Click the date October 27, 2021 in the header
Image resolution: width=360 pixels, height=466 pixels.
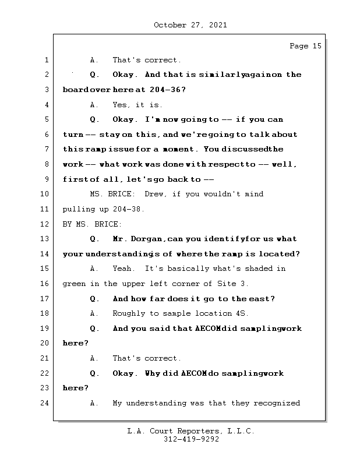[x=190, y=25]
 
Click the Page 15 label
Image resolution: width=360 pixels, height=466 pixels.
[x=305, y=46]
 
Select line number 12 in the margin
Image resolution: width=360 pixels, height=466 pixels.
[x=47, y=224]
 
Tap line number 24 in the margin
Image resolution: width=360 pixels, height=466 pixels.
[x=47, y=403]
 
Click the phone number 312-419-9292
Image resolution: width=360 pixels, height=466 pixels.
[x=191, y=440]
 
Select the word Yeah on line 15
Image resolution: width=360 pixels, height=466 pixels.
[x=123, y=269]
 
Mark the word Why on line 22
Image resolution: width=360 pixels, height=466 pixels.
[x=154, y=373]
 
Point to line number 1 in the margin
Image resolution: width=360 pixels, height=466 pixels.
[x=47, y=60]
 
